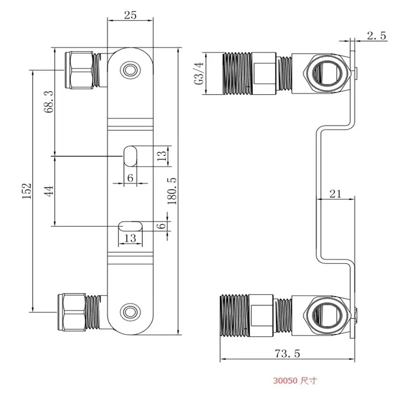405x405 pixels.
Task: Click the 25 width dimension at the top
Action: pyautogui.click(x=130, y=15)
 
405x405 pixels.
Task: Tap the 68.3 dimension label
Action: pyautogui.click(x=49, y=102)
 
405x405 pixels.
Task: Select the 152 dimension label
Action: pyautogui.click(x=27, y=191)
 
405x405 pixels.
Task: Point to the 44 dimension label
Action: pyautogui.click(x=49, y=191)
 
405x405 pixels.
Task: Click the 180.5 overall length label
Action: pyautogui.click(x=172, y=191)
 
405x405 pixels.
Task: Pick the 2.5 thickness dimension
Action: pyautogui.click(x=377, y=35)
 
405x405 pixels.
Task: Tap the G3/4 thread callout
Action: pyautogui.click(x=199, y=73)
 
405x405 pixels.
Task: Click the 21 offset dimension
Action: pyautogui.click(x=335, y=193)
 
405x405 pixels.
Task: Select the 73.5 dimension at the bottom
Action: pyautogui.click(x=287, y=353)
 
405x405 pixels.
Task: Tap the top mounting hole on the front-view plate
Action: pyautogui.click(x=131, y=70)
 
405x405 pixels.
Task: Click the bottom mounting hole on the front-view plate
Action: pyautogui.click(x=131, y=312)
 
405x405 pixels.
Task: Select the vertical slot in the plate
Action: pyautogui.click(x=130, y=156)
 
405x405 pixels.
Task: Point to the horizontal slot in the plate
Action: pyautogui.click(x=131, y=226)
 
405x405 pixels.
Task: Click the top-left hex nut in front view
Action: pyautogui.click(x=78, y=70)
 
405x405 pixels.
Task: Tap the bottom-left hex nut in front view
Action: pyautogui.click(x=72, y=312)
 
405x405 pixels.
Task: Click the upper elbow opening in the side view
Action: pyautogui.click(x=328, y=73)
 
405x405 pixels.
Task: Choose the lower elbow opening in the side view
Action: pyautogui.click(x=328, y=315)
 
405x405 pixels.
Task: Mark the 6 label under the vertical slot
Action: pyautogui.click(x=130, y=178)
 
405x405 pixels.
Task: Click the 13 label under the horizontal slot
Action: pyautogui.click(x=130, y=238)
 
